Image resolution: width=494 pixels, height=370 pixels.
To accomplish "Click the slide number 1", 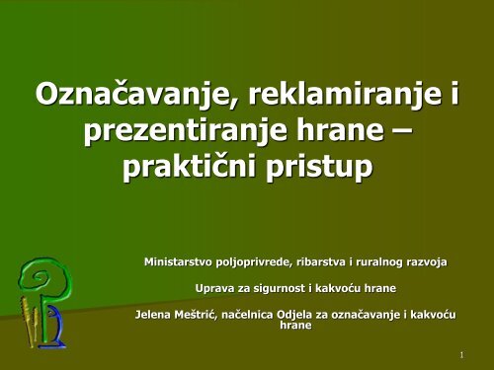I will (462, 354).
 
